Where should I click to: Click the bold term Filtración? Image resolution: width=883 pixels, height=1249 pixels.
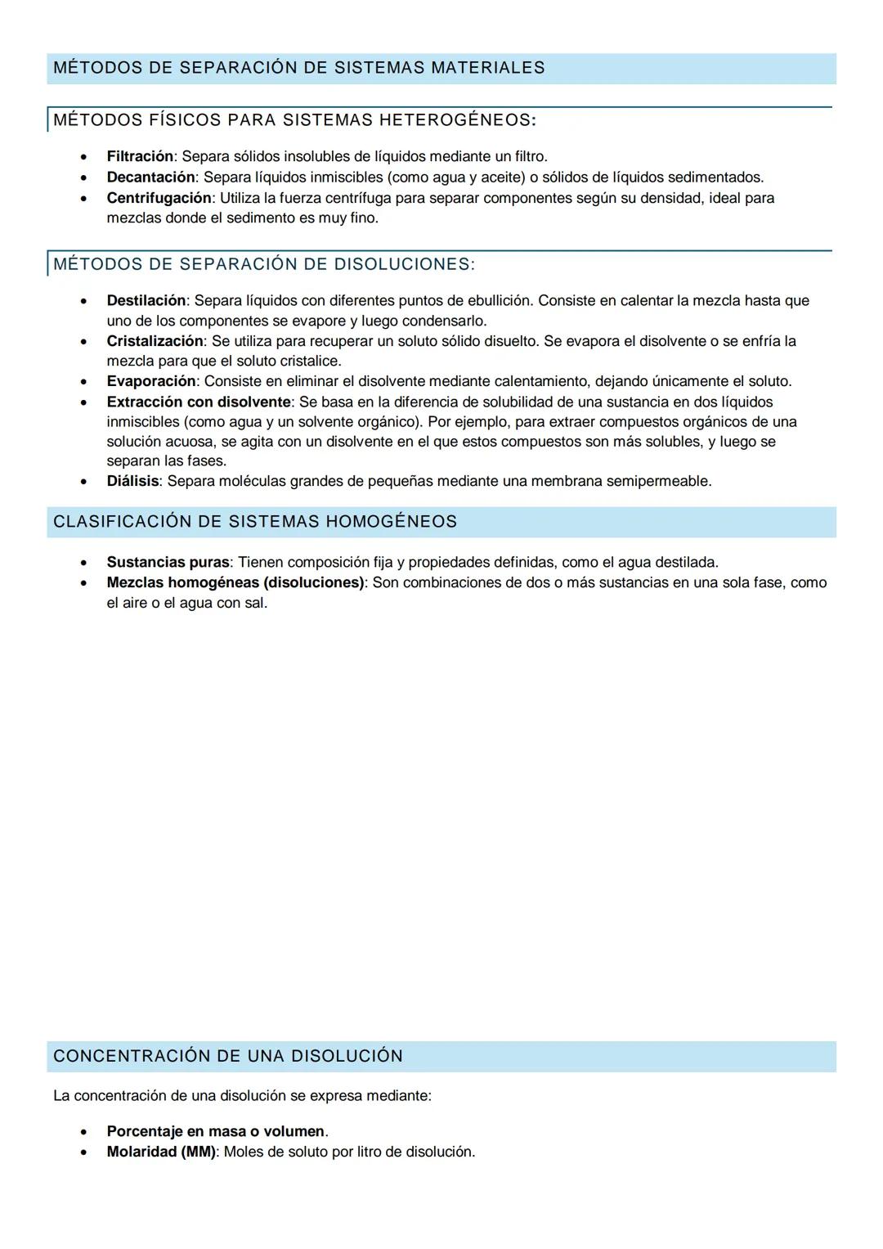pyautogui.click(x=140, y=156)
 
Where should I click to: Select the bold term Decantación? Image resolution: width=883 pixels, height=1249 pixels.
pyautogui.click(x=150, y=177)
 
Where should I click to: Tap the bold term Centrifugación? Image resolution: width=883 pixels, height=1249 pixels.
pyautogui.click(x=159, y=198)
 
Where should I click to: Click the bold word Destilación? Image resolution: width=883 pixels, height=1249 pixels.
pyautogui.click(x=146, y=300)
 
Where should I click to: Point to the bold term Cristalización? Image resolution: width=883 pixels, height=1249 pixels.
pyautogui.click(x=155, y=340)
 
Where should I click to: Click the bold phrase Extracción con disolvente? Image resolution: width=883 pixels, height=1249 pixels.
pyautogui.click(x=199, y=402)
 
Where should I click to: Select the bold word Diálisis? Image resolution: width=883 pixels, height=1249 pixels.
pyautogui.click(x=132, y=481)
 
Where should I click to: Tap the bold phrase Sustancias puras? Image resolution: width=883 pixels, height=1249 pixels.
pyautogui.click(x=168, y=562)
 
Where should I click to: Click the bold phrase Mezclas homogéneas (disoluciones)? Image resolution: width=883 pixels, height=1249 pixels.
pyautogui.click(x=235, y=582)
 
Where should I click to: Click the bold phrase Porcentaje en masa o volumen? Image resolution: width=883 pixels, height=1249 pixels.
pyautogui.click(x=216, y=1131)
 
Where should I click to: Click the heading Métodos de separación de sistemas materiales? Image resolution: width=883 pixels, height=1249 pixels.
pyautogui.click(x=298, y=68)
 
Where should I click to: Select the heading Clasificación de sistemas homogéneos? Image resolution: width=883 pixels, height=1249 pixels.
pyautogui.click(x=255, y=522)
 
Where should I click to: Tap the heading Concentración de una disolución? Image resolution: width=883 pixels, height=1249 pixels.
pyautogui.click(x=228, y=1056)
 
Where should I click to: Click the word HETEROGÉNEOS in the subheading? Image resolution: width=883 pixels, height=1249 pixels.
pyautogui.click(x=454, y=120)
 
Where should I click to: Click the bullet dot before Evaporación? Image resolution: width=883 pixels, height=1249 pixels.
pyautogui.click(x=83, y=382)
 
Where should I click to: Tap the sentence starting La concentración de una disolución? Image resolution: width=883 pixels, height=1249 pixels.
pyautogui.click(x=242, y=1095)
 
